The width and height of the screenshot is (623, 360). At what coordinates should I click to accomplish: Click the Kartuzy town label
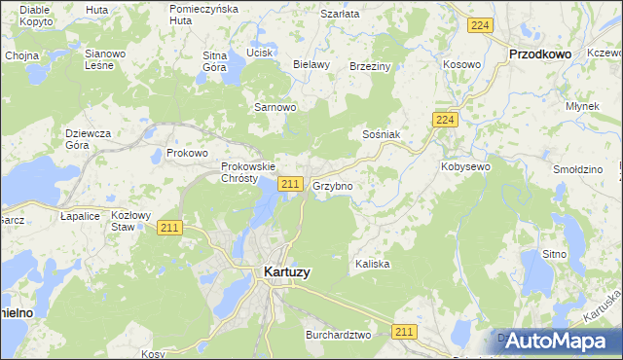287,272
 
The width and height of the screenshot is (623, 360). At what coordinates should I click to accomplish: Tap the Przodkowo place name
540,56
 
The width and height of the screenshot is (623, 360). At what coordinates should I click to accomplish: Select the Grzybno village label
332,185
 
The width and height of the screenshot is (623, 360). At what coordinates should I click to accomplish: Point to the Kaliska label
372,264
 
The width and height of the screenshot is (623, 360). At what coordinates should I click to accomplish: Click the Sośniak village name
381,133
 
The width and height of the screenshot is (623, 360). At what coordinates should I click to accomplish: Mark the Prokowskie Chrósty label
239,172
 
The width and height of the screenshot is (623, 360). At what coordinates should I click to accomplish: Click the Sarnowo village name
275,107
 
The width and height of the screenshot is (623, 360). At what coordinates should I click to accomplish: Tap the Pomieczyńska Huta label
203,14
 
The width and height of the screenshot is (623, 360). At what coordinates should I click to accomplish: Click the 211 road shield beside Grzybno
289,184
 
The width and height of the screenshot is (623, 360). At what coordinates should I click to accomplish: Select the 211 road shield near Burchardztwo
405,332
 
